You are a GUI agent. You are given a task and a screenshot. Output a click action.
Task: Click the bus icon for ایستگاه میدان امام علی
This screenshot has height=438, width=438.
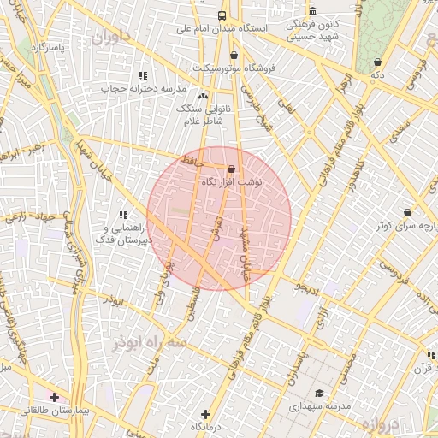222,15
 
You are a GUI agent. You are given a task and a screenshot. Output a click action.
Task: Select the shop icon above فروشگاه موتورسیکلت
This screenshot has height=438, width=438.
234,56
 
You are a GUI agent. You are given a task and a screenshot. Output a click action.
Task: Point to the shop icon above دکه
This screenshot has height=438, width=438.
378,62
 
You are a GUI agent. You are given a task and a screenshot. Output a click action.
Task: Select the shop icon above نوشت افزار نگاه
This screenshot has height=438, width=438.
231,169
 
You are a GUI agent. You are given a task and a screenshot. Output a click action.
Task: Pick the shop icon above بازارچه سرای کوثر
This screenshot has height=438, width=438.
407,212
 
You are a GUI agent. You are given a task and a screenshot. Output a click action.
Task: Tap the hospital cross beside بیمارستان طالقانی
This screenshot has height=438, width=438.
54,397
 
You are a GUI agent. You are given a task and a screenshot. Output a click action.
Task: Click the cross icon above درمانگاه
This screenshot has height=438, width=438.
204,414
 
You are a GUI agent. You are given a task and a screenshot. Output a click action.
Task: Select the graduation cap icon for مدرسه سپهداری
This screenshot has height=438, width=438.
319,394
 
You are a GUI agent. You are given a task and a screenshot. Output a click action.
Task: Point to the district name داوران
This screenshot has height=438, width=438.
114,37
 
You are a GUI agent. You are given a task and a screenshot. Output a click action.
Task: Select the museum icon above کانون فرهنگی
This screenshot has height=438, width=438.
313,11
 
